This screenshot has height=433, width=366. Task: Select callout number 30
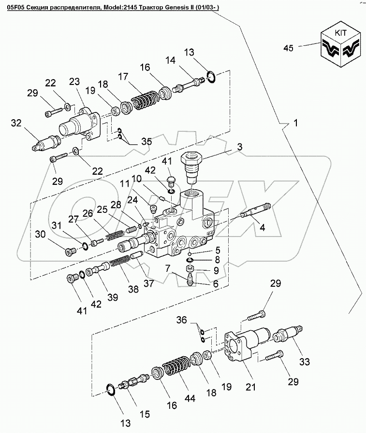coord(42,234)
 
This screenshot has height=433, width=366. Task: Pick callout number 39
coord(112,298)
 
